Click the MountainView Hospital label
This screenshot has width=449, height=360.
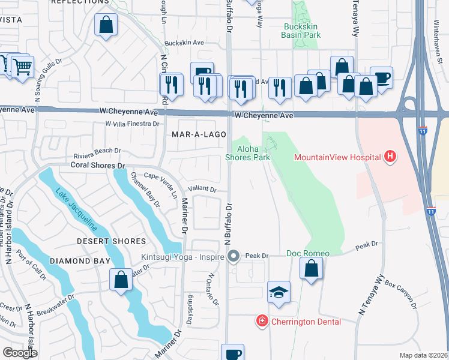pos(337,158)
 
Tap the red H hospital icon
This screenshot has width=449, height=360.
pos(391,157)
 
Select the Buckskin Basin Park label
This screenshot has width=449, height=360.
pos(301,31)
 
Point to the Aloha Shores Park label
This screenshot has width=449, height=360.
pos(247,152)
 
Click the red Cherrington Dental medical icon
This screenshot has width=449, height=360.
pos(262,322)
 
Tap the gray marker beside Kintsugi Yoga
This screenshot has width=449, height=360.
pos(234,256)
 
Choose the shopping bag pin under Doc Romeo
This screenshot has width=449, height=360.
pos(311,269)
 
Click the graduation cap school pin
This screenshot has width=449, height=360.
pos(279,292)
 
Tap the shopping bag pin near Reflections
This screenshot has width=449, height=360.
pos(106,25)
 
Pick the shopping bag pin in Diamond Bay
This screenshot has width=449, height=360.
pos(121,279)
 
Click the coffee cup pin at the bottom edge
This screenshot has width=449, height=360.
pos(232,353)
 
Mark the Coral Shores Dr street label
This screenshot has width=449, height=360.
pos(97,164)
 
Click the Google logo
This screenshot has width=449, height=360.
pos(20,353)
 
